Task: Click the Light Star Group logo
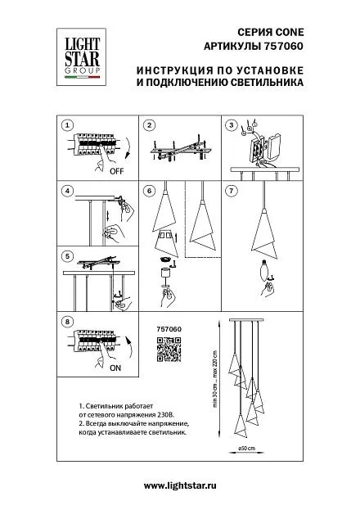[x=81, y=57]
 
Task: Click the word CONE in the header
[x=290, y=32]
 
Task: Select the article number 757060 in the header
[x=282, y=46]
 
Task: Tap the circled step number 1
[x=67, y=125]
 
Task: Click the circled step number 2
[x=149, y=125]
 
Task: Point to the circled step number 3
[x=232, y=125]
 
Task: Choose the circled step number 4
[x=67, y=191]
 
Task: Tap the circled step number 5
[x=67, y=256]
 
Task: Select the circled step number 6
[x=149, y=191]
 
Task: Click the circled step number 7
[x=232, y=191]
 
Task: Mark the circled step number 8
[x=67, y=322]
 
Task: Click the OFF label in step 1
[x=117, y=171]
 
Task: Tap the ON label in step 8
[x=115, y=368]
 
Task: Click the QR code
[x=169, y=350]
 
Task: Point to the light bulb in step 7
[x=265, y=271]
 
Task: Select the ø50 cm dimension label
[x=247, y=449]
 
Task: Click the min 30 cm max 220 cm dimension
[x=214, y=380]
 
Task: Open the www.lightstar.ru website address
[x=180, y=486]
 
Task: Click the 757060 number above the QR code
[x=169, y=329]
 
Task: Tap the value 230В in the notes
[x=168, y=415]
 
